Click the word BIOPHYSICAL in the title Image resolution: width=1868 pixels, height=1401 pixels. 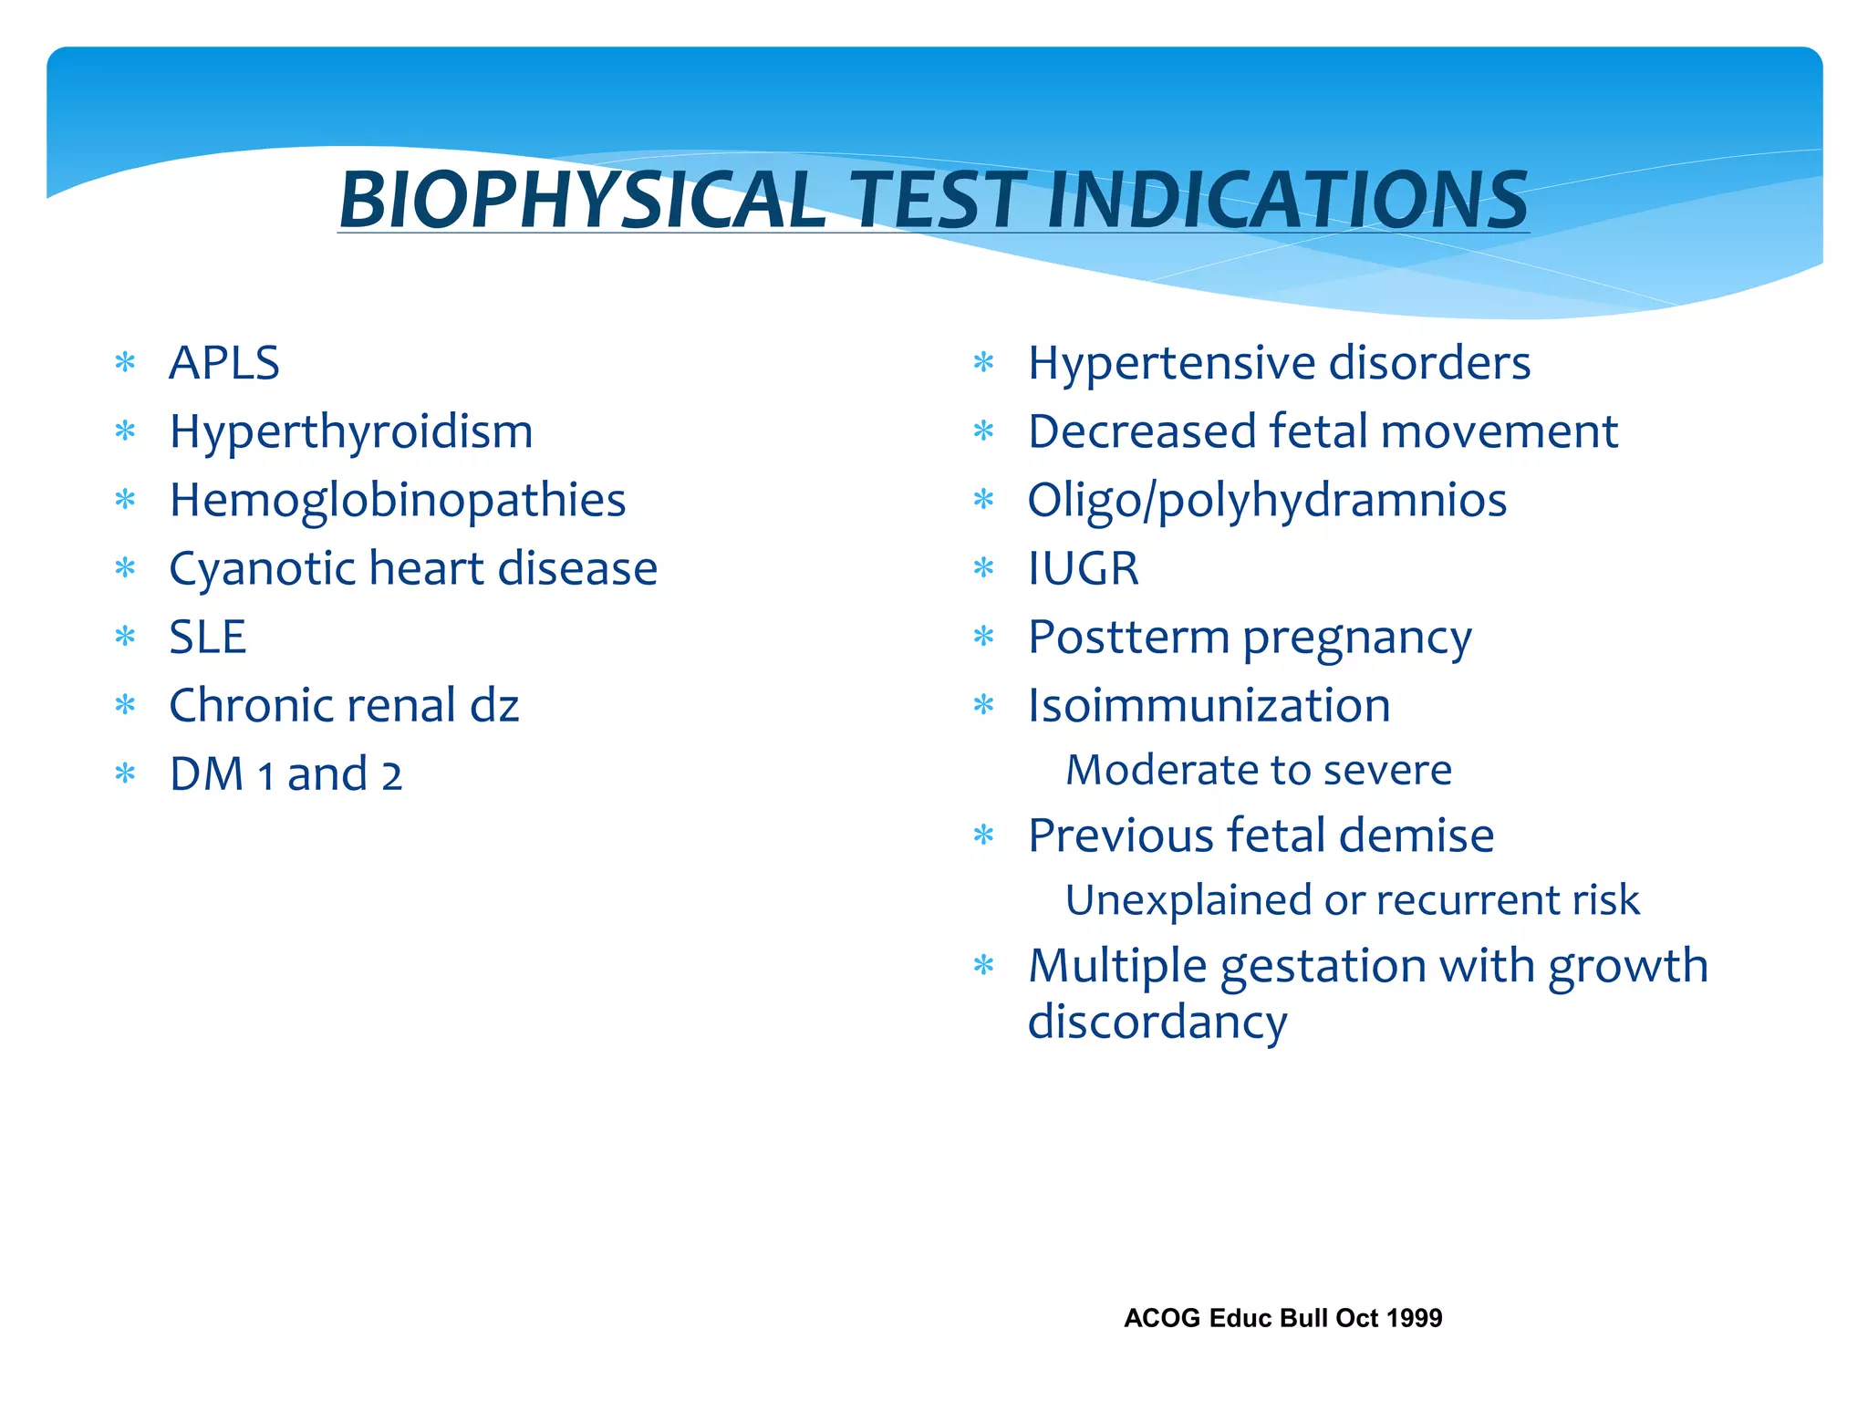(x=582, y=200)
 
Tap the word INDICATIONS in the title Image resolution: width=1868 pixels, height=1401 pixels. (x=1287, y=200)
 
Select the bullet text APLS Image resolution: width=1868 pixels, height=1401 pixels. (x=224, y=363)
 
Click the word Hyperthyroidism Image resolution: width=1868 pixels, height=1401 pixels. (x=351, y=431)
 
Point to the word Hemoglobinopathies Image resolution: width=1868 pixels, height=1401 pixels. (x=398, y=501)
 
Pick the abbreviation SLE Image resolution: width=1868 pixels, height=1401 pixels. (x=208, y=637)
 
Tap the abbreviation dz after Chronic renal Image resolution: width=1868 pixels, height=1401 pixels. (x=494, y=705)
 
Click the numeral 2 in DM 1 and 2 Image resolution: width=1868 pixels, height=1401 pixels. (x=391, y=776)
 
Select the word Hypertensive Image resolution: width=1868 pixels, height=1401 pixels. (x=1171, y=364)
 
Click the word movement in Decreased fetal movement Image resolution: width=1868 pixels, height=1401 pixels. (x=1500, y=431)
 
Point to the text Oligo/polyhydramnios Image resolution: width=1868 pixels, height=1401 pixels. (x=1267, y=501)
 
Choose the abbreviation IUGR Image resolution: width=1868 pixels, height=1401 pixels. (x=1084, y=568)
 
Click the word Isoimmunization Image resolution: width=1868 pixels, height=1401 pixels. (x=1209, y=705)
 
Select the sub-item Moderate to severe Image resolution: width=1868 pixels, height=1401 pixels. (x=1259, y=770)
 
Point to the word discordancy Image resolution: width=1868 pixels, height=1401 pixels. (x=1157, y=1022)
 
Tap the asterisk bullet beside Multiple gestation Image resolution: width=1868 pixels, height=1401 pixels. (x=983, y=965)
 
